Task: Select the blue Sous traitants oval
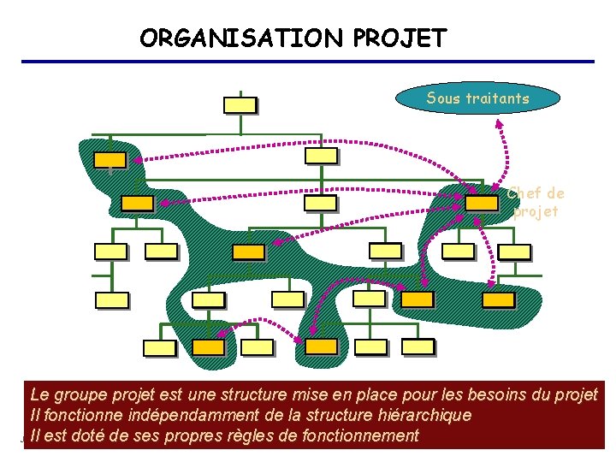(x=477, y=98)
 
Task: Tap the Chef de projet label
(x=536, y=202)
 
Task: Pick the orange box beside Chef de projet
(x=482, y=203)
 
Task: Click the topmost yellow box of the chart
(x=240, y=105)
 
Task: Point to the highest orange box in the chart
(x=110, y=159)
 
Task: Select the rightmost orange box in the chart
(x=498, y=299)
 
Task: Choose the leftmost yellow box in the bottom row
(x=159, y=347)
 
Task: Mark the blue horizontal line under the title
(x=308, y=62)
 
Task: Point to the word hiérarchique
(x=424, y=416)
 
